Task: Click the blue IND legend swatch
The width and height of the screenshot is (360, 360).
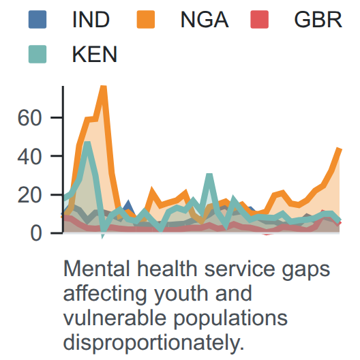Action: [37, 20]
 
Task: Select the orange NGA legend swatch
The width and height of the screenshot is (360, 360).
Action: [146, 20]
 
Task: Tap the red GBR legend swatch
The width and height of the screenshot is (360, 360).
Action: [260, 20]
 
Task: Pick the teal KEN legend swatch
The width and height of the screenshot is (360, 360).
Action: [37, 54]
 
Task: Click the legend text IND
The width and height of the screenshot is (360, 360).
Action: [91, 20]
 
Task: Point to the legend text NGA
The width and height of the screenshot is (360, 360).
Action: [205, 20]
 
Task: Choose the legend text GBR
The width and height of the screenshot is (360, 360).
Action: [318, 20]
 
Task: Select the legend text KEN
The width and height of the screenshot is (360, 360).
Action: [95, 55]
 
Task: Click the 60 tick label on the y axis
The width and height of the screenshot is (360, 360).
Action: [29, 118]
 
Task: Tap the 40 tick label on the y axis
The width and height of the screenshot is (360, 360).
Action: [29, 157]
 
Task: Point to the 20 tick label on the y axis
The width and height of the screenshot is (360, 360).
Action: [29, 196]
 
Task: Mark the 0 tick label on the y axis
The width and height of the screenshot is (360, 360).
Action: [36, 234]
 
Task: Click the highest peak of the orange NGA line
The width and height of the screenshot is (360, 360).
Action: [104, 87]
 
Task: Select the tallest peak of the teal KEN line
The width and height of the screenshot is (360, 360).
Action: [87, 142]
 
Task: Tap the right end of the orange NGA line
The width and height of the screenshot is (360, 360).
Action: [340, 149]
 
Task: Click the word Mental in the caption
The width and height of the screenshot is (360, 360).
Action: [97, 269]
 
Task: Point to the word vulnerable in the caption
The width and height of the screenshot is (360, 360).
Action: [115, 318]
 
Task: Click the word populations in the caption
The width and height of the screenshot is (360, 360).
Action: [230, 318]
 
